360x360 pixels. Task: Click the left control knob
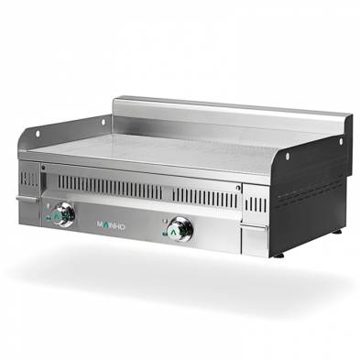click(x=63, y=214)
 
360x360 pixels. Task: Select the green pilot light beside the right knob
click(x=164, y=232)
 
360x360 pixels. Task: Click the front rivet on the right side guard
click(x=287, y=156)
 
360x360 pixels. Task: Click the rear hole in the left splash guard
click(x=101, y=121)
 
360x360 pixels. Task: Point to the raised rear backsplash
click(x=229, y=115)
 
